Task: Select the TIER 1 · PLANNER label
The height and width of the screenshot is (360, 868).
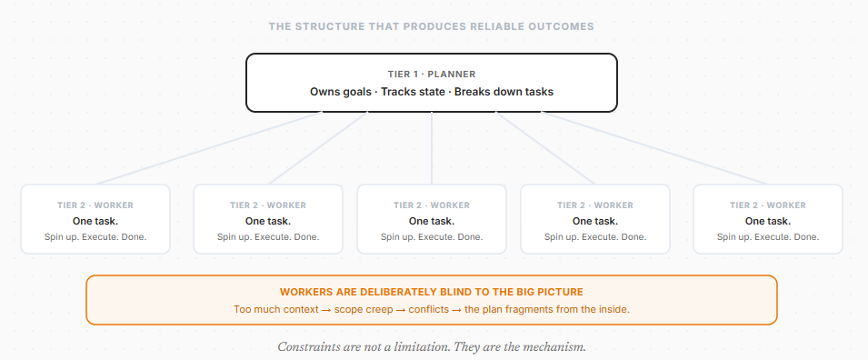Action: click(432, 74)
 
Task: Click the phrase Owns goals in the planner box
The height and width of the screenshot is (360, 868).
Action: click(341, 92)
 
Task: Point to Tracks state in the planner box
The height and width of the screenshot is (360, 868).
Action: click(414, 92)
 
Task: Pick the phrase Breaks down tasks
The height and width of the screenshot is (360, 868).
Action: click(504, 92)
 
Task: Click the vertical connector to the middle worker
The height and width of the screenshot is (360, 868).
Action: click(432, 150)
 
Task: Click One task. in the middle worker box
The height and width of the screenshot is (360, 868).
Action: click(432, 221)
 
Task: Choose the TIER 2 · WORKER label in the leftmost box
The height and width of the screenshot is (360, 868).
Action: click(95, 205)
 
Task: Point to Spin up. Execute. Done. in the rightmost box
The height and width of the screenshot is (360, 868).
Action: click(768, 237)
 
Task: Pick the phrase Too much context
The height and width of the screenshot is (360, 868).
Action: click(269, 309)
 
